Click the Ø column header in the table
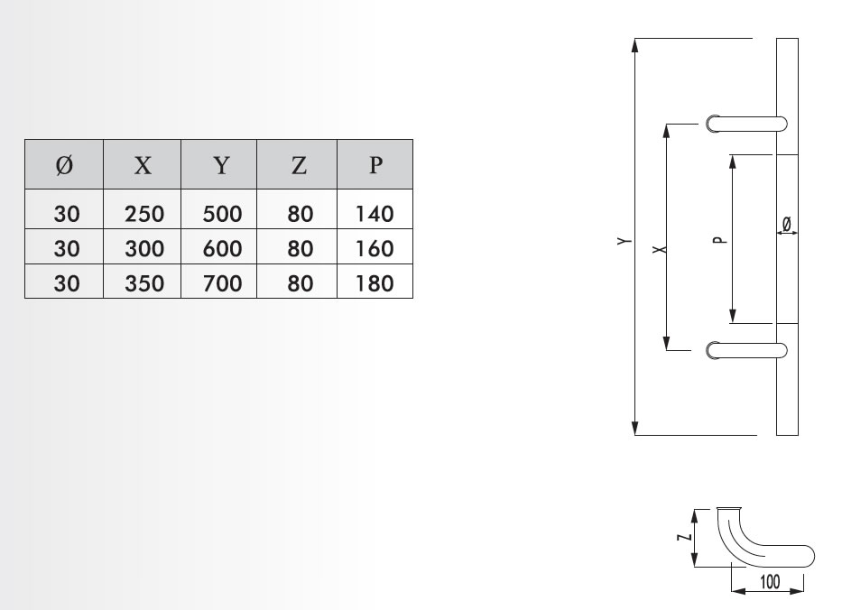click(x=64, y=164)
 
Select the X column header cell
click(x=143, y=164)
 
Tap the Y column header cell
click(x=220, y=164)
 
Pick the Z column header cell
click(x=298, y=164)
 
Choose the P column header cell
click(x=375, y=164)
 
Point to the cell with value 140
click(x=375, y=214)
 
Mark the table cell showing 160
click(x=375, y=248)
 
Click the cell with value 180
click(x=375, y=282)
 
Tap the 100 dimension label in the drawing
click(x=768, y=581)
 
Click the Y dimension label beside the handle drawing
click(x=623, y=241)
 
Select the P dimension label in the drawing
click(x=717, y=241)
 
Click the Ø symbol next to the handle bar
click(x=786, y=222)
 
